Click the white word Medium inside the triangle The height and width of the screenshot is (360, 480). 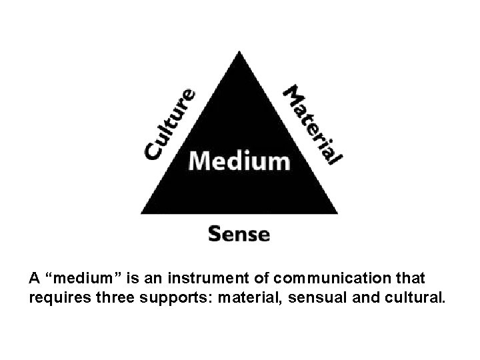point(239,160)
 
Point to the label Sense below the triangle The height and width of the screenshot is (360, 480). point(239,234)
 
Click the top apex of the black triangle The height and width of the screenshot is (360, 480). point(239,51)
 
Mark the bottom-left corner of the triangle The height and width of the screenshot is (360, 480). point(142,213)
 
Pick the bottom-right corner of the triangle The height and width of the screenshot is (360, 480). point(337,213)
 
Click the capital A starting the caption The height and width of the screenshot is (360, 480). point(34,277)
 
